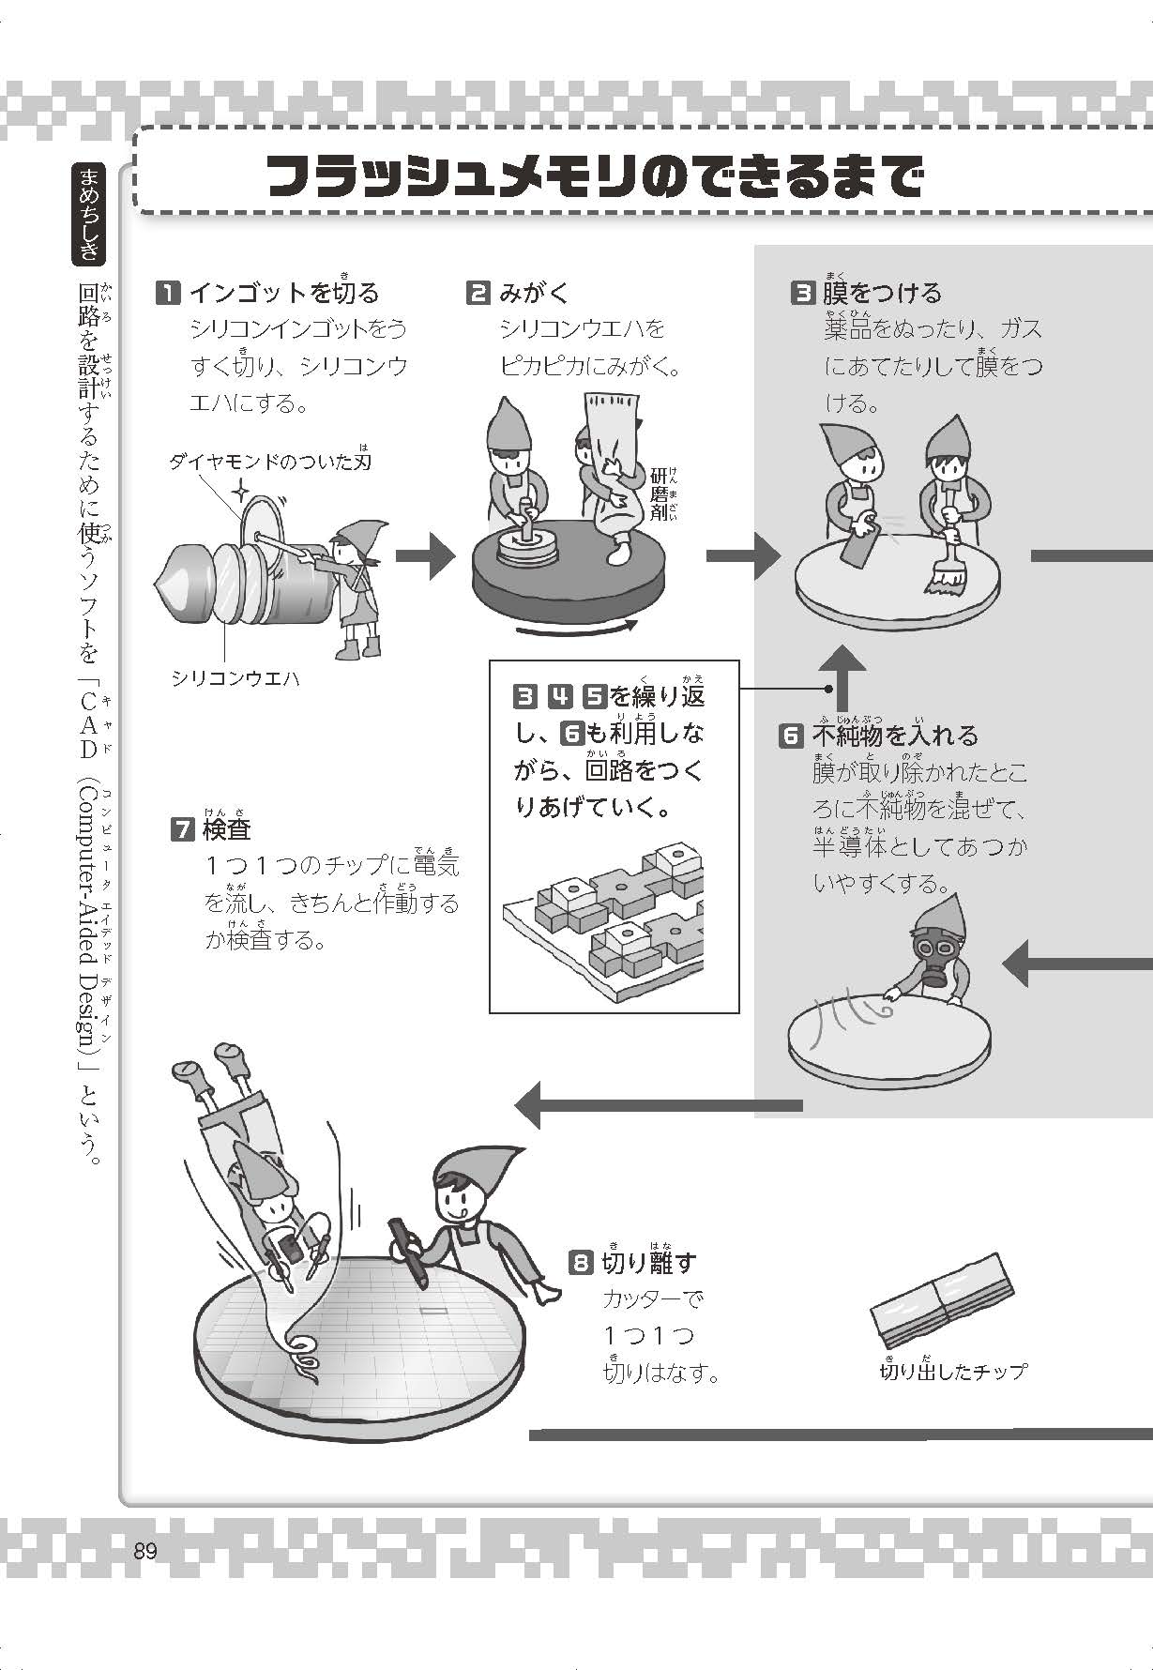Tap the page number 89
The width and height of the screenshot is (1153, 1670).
click(144, 1551)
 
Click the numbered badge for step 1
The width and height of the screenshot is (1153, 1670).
click(167, 294)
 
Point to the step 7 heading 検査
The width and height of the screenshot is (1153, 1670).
click(225, 829)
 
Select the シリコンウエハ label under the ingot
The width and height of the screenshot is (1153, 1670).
click(235, 678)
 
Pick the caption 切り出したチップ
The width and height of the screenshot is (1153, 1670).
click(952, 1372)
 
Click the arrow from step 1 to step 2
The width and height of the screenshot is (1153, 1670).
click(424, 556)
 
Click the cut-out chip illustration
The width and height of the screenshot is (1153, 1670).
click(942, 1300)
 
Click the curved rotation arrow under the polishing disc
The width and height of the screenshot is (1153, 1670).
click(577, 630)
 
